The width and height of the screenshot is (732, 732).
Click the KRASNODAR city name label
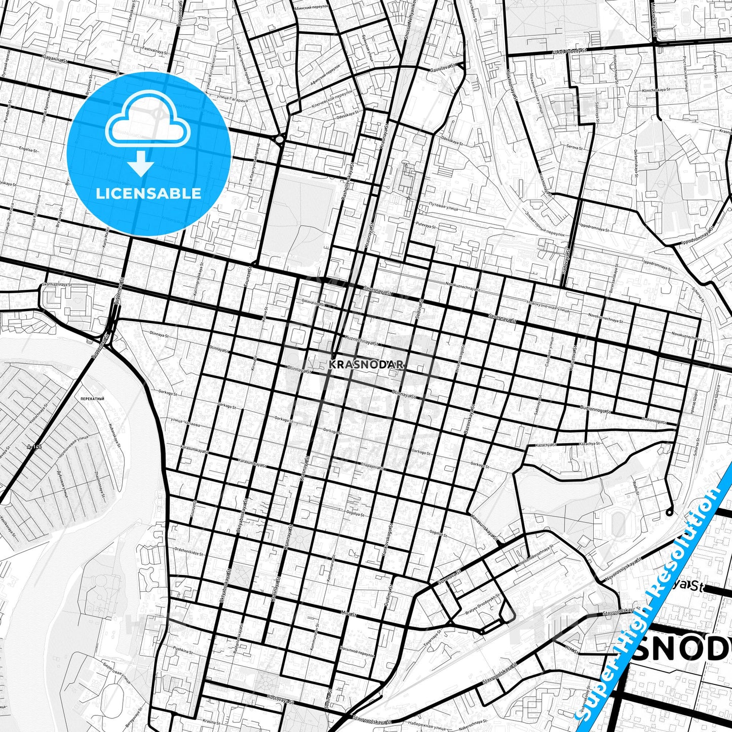point(366,364)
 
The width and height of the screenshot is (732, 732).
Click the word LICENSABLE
point(148,193)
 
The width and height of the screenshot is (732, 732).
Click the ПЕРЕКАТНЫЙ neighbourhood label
point(92,399)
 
